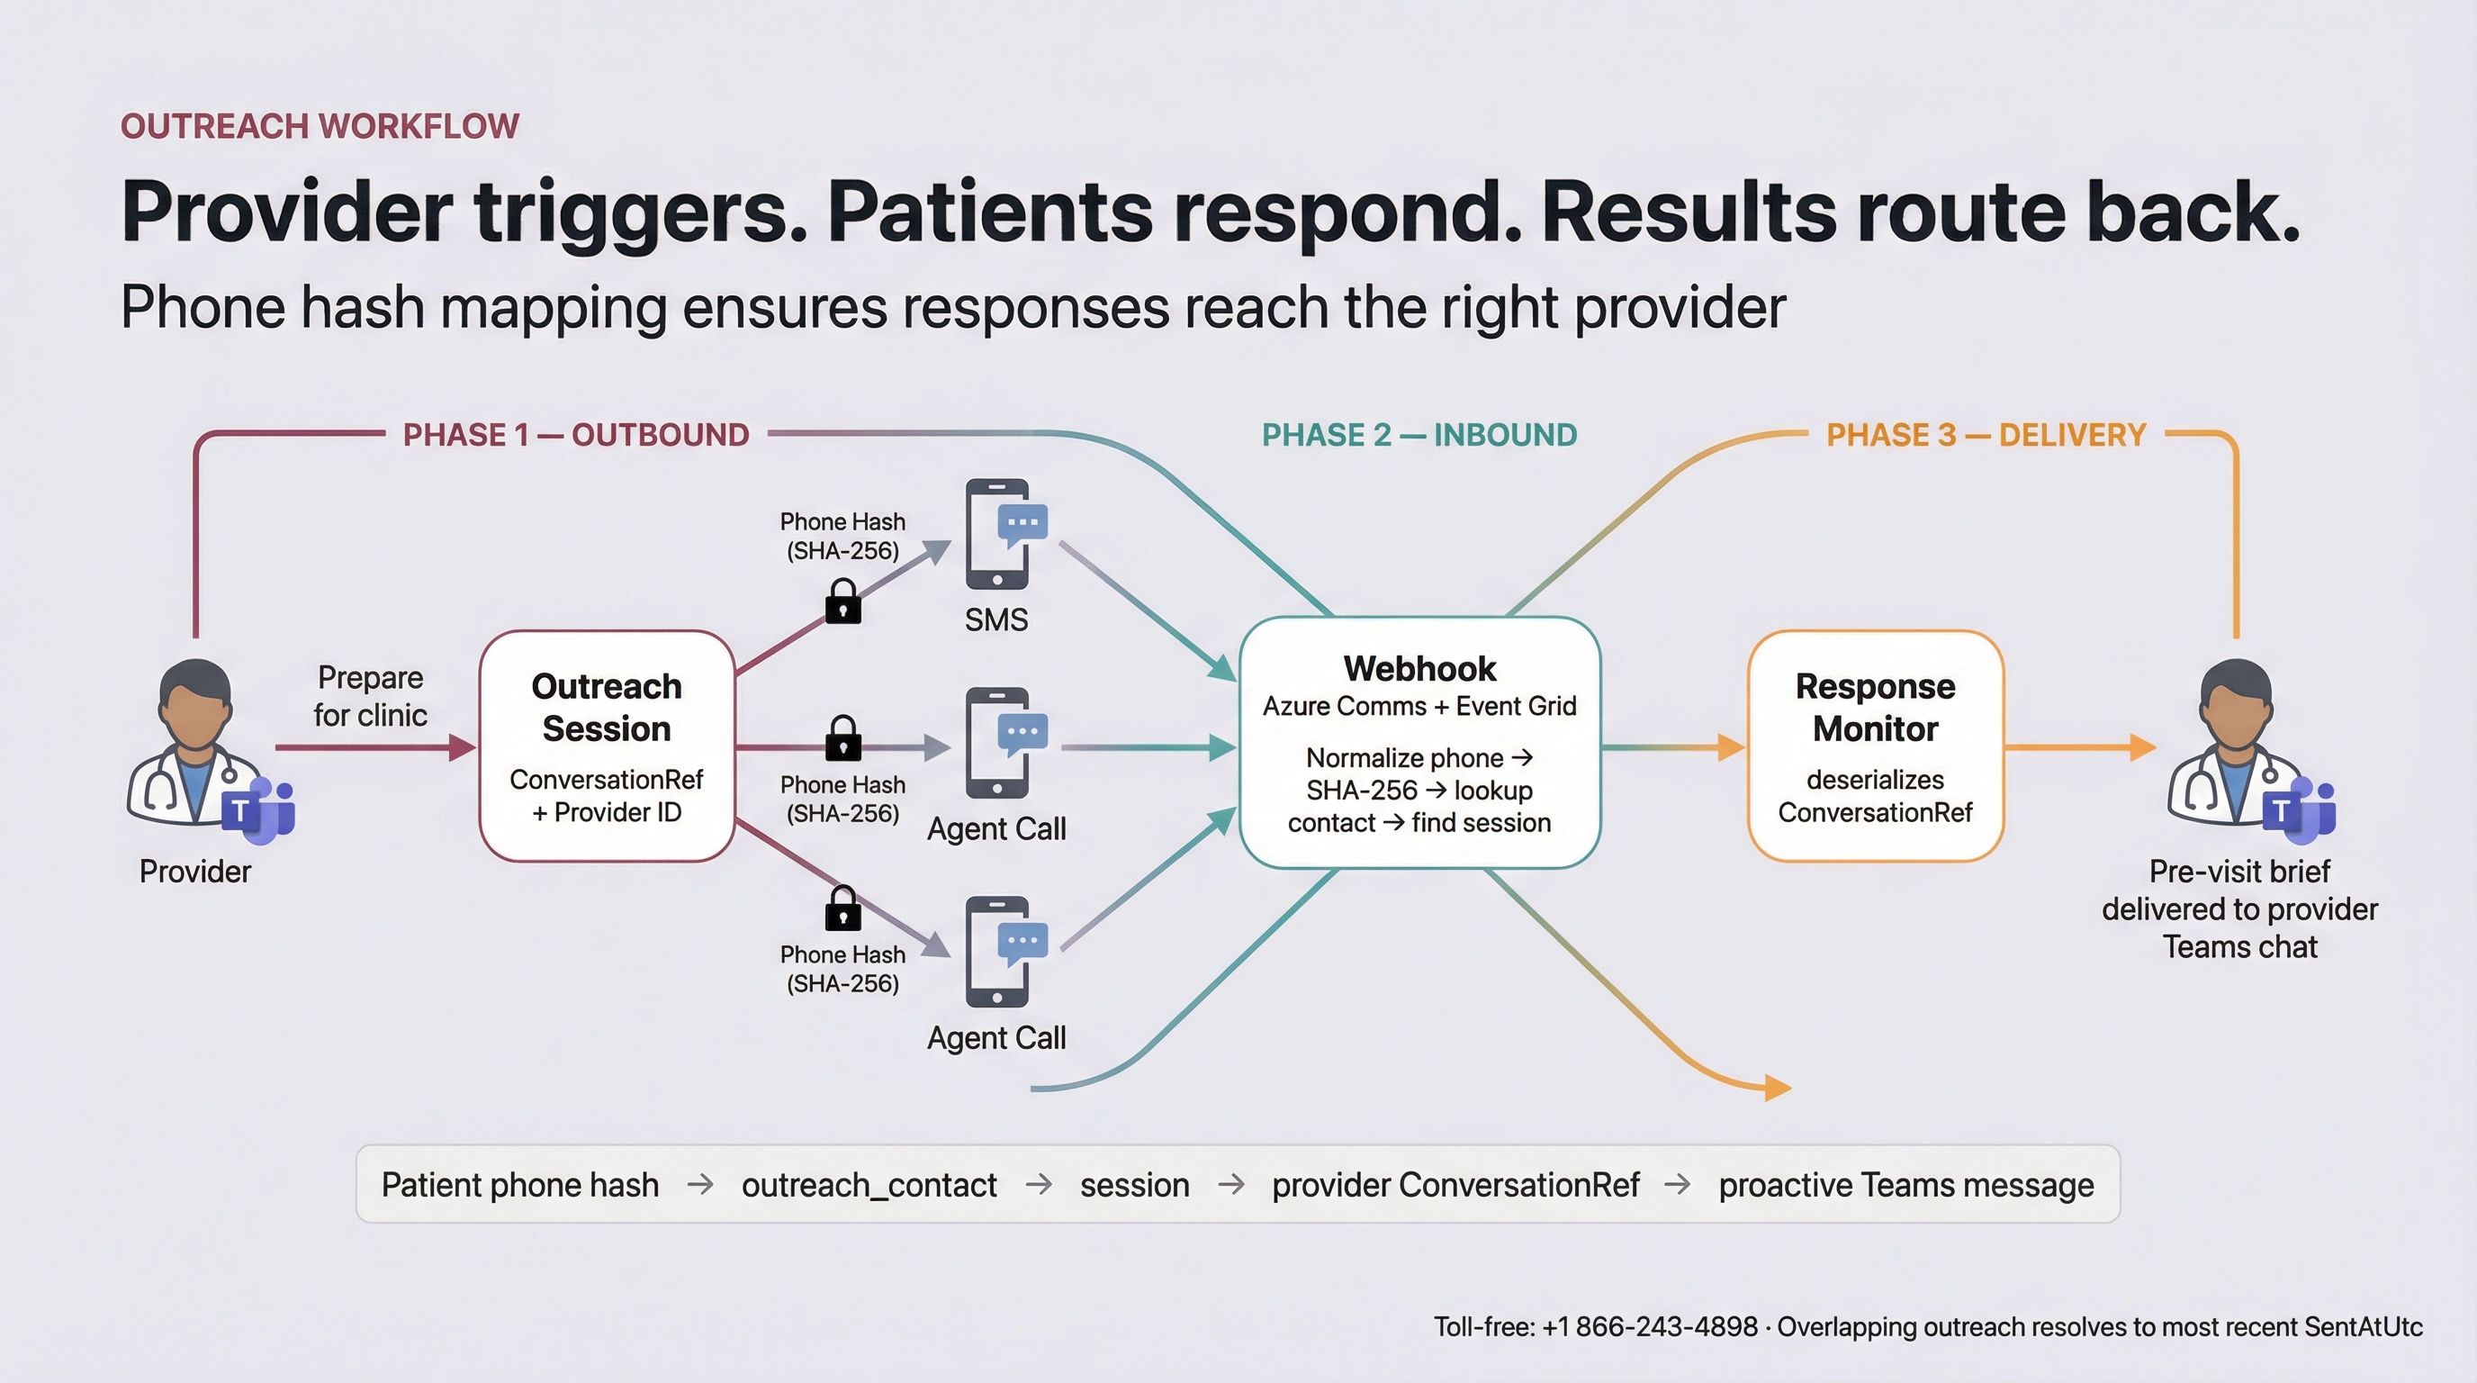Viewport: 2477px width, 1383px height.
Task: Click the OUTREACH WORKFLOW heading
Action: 320,126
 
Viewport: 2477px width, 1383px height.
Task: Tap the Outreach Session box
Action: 607,746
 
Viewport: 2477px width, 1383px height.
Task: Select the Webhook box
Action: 1419,743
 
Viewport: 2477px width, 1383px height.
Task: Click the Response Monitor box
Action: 1875,746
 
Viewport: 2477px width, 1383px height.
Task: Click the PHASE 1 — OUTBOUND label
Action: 575,435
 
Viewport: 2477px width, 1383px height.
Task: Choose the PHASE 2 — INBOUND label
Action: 1419,435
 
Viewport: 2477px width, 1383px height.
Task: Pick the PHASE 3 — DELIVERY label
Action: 1986,435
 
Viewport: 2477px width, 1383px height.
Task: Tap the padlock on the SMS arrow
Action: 843,602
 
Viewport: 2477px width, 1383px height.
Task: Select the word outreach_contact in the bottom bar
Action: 869,1185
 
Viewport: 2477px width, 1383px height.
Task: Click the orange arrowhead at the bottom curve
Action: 1777,1088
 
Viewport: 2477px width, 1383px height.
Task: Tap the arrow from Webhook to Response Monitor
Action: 1673,747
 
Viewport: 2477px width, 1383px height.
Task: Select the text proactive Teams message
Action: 1905,1185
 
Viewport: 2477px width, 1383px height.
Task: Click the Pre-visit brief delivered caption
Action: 2239,908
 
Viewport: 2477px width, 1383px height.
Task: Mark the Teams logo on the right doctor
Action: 2301,807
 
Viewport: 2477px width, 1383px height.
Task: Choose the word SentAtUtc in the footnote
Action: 2363,1327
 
